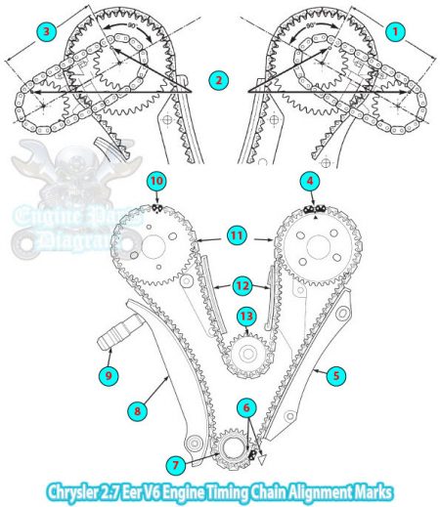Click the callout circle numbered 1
pyautogui.click(x=395, y=31)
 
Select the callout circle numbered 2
pyautogui.click(x=218, y=79)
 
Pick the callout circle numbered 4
pyautogui.click(x=310, y=181)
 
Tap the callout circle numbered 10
pyautogui.click(x=156, y=181)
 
